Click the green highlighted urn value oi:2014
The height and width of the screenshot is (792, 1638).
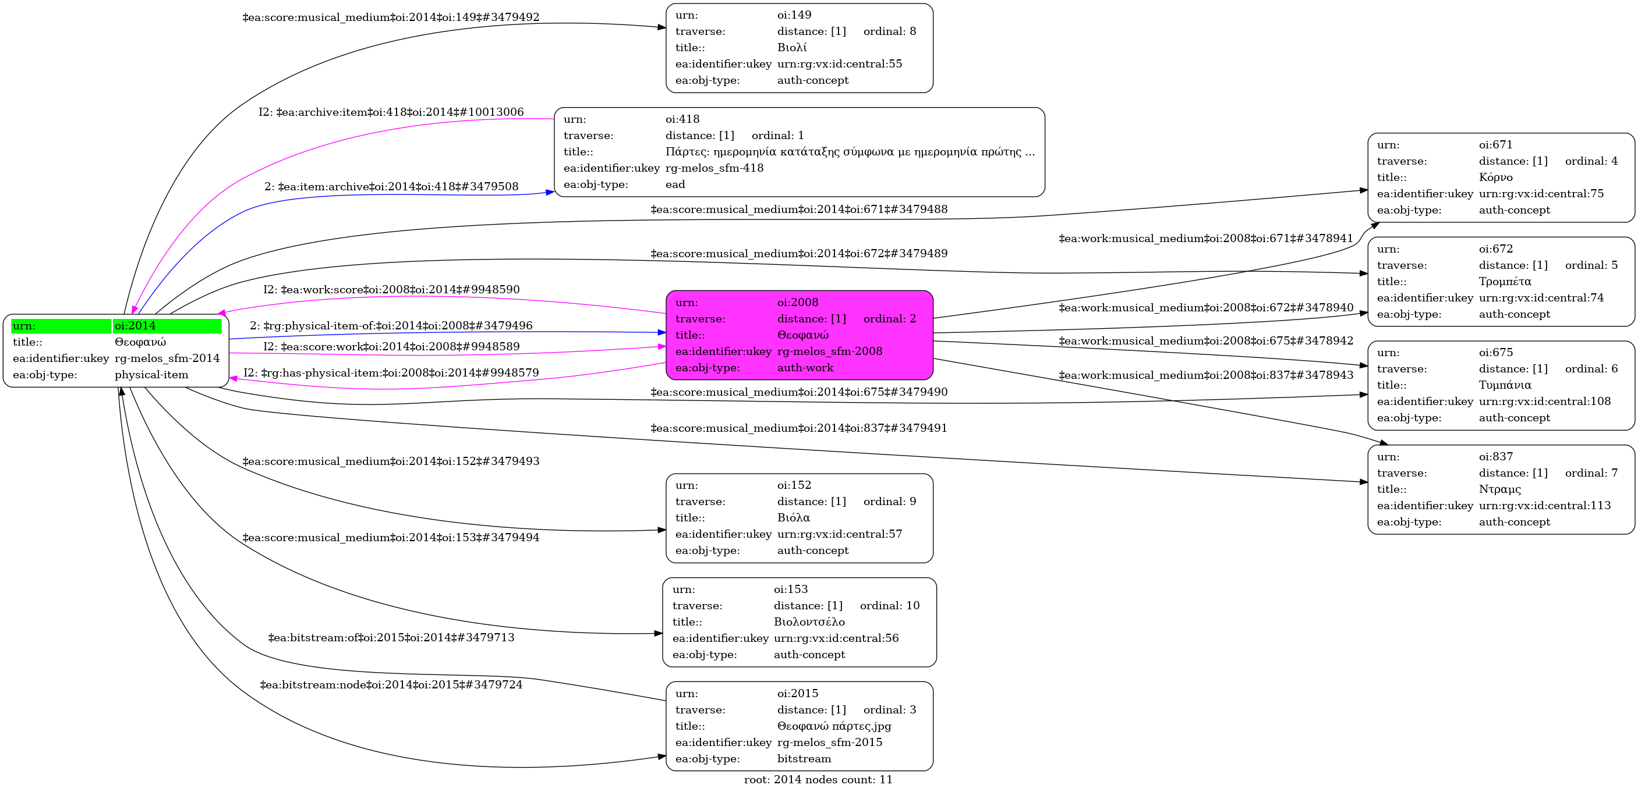[x=135, y=326]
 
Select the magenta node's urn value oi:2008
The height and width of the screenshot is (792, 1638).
[x=797, y=303]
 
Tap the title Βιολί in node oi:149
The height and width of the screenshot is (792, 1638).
[x=792, y=48]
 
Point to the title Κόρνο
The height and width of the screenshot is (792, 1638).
[x=1495, y=177]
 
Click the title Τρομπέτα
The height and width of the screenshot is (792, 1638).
[x=1505, y=282]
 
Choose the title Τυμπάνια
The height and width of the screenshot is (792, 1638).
[x=1505, y=385]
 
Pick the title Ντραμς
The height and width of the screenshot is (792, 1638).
[x=1499, y=489]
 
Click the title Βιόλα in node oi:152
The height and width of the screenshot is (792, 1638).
[x=793, y=518]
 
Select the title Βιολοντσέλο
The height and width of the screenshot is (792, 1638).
[x=809, y=622]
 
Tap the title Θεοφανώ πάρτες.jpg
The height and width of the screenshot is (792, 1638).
[x=834, y=726]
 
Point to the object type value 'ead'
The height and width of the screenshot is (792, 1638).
[x=675, y=184]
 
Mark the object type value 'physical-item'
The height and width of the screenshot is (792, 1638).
[x=151, y=375]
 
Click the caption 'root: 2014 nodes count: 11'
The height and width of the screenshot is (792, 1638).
[x=818, y=780]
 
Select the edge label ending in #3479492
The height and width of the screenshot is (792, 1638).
[x=390, y=17]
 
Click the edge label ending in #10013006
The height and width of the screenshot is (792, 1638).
[x=390, y=112]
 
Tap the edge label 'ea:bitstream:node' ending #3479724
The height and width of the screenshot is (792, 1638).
[x=390, y=685]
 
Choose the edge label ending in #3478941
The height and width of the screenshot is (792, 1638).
[x=1205, y=239]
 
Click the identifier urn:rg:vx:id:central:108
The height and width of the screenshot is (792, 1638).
[x=1544, y=402]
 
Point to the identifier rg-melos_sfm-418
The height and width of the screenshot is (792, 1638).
[x=714, y=168]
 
